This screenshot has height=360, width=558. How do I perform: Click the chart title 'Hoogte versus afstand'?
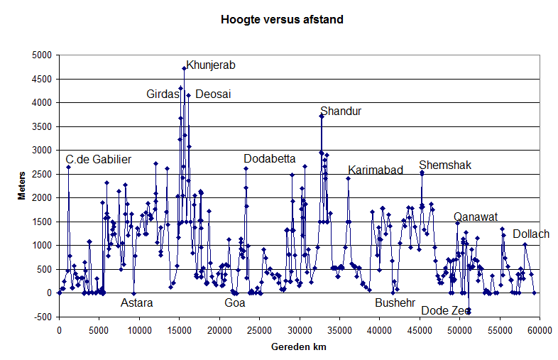tap(282, 20)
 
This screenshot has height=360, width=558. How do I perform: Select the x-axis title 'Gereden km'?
tap(298, 347)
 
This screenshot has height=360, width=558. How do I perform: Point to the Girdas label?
tap(163, 94)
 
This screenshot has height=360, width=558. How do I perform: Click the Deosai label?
tap(213, 94)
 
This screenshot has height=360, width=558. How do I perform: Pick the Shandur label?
tap(341, 111)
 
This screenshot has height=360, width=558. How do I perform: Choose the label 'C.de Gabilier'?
tap(99, 159)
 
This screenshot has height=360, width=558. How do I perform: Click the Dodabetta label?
tap(270, 158)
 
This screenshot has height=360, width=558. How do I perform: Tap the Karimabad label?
tap(376, 170)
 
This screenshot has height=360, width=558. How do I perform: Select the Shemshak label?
tap(445, 165)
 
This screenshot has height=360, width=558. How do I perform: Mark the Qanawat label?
tap(476, 217)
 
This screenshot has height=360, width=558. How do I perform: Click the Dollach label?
tap(530, 234)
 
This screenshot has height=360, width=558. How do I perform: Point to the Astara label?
tap(136, 302)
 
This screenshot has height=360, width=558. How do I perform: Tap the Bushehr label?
tap(395, 302)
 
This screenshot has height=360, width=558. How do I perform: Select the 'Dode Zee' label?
tap(445, 310)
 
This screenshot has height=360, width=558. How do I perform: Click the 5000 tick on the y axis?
tap(43, 55)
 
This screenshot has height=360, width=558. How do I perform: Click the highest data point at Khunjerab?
tap(184, 68)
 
